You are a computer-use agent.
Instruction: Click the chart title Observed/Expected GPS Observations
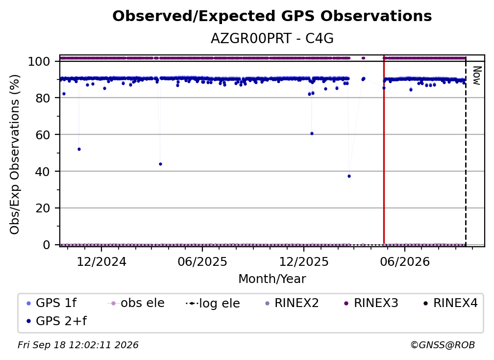(272, 16)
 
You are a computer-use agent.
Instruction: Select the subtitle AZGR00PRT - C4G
(272, 39)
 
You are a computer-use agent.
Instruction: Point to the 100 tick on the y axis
(44, 61)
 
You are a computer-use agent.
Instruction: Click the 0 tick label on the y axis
(46, 245)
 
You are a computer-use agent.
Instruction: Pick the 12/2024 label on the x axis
(101, 261)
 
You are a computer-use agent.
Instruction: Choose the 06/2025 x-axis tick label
(202, 261)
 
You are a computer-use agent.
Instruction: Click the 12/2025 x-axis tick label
(304, 261)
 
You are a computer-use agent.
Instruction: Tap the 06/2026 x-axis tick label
(405, 261)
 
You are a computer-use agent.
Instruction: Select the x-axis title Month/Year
(272, 279)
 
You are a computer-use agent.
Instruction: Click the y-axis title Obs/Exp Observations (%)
(15, 154)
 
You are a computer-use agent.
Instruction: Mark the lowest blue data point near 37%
(349, 176)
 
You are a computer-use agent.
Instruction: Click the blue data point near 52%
(79, 149)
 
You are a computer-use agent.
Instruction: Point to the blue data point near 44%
(160, 164)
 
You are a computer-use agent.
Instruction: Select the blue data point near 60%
(312, 134)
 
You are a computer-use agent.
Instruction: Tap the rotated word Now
(477, 76)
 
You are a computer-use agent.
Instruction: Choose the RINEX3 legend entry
(371, 303)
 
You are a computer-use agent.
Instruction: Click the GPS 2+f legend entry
(57, 321)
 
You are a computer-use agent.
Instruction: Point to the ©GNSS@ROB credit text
(443, 345)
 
